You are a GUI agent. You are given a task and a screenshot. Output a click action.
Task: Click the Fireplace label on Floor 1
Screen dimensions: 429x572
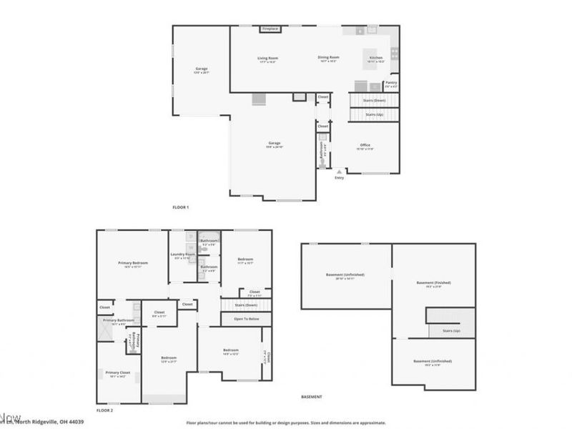(270, 29)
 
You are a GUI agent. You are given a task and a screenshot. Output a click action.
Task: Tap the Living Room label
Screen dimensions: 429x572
(267, 58)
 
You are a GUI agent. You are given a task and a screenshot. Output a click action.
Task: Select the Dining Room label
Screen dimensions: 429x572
(328, 57)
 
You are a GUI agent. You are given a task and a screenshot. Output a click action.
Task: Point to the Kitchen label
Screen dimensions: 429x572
(375, 58)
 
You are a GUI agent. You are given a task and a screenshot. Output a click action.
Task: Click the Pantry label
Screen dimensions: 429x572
(391, 82)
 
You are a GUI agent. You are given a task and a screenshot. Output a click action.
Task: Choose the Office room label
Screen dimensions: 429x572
(365, 145)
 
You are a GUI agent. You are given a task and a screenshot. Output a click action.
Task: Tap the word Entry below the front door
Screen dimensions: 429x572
(339, 177)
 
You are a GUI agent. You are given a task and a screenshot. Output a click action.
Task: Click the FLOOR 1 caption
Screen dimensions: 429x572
(180, 207)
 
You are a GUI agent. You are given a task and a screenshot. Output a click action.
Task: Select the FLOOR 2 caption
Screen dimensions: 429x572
(105, 410)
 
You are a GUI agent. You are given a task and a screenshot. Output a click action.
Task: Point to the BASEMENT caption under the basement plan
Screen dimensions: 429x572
(311, 397)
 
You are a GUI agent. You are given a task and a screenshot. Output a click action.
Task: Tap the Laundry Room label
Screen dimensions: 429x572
(183, 255)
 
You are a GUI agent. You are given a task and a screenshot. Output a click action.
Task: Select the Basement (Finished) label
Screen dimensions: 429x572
(433, 282)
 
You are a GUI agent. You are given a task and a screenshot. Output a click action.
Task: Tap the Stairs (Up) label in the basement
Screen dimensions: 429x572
(451, 331)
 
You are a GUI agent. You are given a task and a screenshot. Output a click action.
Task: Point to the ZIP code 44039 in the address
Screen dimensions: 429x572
(76, 422)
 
